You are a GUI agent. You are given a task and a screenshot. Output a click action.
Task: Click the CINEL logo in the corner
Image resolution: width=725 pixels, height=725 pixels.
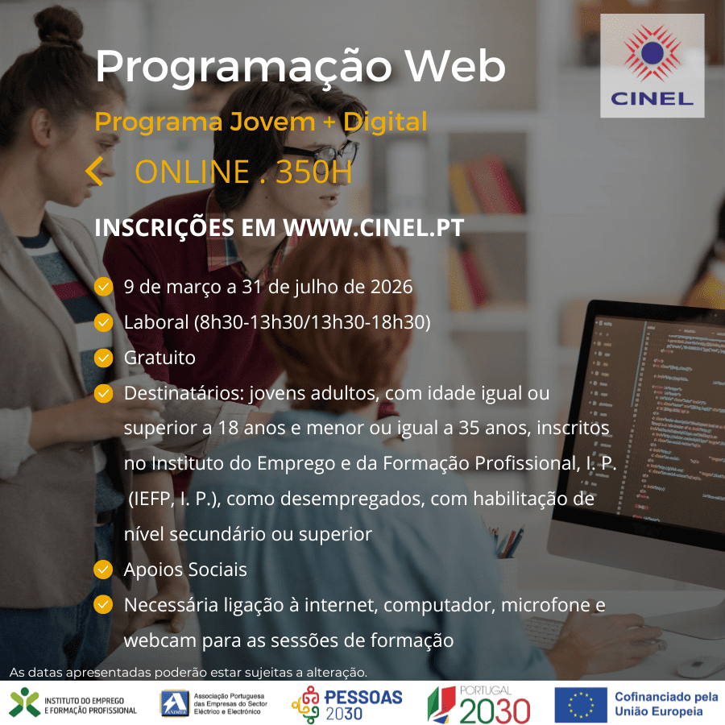[652, 65]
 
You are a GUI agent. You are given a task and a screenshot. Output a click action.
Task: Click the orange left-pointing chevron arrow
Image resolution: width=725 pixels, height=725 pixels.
[94, 171]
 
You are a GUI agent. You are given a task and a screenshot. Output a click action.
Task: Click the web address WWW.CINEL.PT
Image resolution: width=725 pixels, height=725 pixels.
[373, 227]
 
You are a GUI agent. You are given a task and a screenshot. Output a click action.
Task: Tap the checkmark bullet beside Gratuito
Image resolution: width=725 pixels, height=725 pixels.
[103, 358]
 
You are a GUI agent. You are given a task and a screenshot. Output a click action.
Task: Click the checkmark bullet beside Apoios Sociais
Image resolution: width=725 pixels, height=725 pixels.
[103, 570]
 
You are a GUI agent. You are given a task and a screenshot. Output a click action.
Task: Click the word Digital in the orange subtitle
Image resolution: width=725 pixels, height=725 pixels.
[385, 122]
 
